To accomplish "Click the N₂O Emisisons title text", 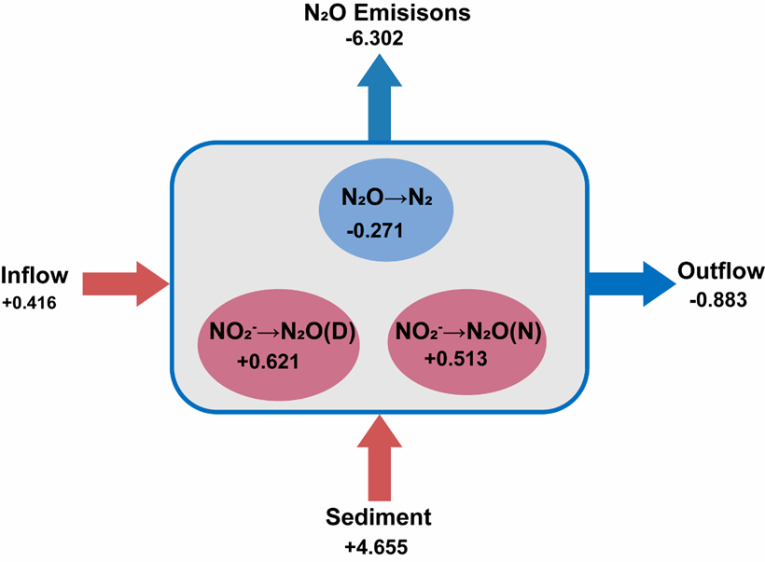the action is click(387, 13).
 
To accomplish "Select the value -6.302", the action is click(375, 38).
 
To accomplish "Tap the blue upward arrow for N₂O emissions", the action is click(380, 98).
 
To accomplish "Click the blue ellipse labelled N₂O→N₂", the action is click(386, 211).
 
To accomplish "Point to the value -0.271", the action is click(375, 230).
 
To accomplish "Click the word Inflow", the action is click(35, 275).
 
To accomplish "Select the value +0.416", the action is click(30, 303).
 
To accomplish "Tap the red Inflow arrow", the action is click(126, 284).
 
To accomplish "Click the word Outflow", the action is click(720, 271).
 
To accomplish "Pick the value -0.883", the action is click(718, 300).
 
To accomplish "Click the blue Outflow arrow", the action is click(632, 284).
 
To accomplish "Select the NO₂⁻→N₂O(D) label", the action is click(283, 332).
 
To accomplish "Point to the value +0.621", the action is click(268, 362).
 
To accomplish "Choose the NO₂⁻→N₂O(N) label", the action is click(468, 332).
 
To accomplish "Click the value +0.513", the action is click(455, 359).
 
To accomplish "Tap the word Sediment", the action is click(379, 517).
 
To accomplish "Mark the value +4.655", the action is click(376, 547).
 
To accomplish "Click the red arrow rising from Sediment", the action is click(380, 458).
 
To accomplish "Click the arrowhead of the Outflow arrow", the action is click(660, 284).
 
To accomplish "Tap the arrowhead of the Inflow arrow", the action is click(153, 284).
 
